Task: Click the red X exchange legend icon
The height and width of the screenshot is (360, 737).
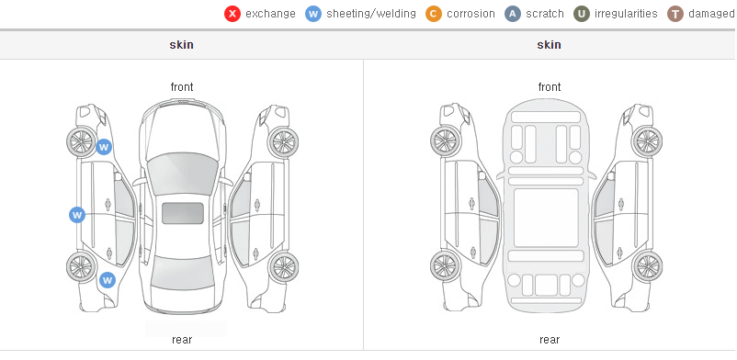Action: (232, 14)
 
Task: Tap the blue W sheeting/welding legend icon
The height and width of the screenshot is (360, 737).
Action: (313, 14)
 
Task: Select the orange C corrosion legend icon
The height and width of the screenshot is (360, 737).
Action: (434, 14)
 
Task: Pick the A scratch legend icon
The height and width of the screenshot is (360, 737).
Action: (513, 14)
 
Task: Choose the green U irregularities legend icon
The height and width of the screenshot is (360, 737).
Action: (582, 14)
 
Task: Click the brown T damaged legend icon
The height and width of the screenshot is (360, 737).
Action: (675, 14)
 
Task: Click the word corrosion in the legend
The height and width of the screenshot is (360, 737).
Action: (471, 14)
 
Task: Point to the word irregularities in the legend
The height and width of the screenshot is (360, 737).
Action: (626, 14)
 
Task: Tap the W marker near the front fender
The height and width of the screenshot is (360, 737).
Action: (104, 147)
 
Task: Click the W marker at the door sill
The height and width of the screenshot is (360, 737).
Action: (77, 215)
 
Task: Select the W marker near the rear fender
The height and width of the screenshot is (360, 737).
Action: (108, 281)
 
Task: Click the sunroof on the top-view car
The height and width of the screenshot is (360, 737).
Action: (183, 213)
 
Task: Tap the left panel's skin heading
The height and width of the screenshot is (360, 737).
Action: (181, 45)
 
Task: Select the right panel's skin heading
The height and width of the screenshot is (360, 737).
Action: (549, 45)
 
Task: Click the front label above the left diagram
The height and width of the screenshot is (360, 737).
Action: (182, 87)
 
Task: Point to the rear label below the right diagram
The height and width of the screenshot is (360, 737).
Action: (550, 340)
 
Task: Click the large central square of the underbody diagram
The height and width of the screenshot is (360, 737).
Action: (546, 218)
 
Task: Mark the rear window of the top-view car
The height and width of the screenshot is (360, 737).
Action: (182, 274)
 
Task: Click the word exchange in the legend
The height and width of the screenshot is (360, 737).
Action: (270, 14)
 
